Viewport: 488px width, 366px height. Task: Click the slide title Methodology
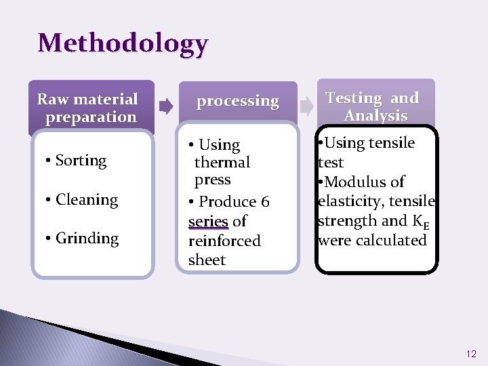(123, 43)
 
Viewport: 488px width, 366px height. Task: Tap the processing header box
(237, 101)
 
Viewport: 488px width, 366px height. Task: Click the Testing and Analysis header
(374, 106)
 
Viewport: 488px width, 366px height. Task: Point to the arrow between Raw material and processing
(165, 105)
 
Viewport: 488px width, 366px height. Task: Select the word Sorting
(81, 161)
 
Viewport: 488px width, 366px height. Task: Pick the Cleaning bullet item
(87, 199)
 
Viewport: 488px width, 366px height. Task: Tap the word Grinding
(87, 238)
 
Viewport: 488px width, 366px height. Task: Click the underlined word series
(208, 222)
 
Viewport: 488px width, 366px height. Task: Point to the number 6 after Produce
(264, 202)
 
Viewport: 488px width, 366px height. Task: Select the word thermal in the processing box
(222, 163)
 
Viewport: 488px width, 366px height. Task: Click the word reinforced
(224, 241)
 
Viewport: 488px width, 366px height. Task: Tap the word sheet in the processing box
(207, 260)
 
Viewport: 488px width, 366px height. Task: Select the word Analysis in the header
(375, 115)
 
